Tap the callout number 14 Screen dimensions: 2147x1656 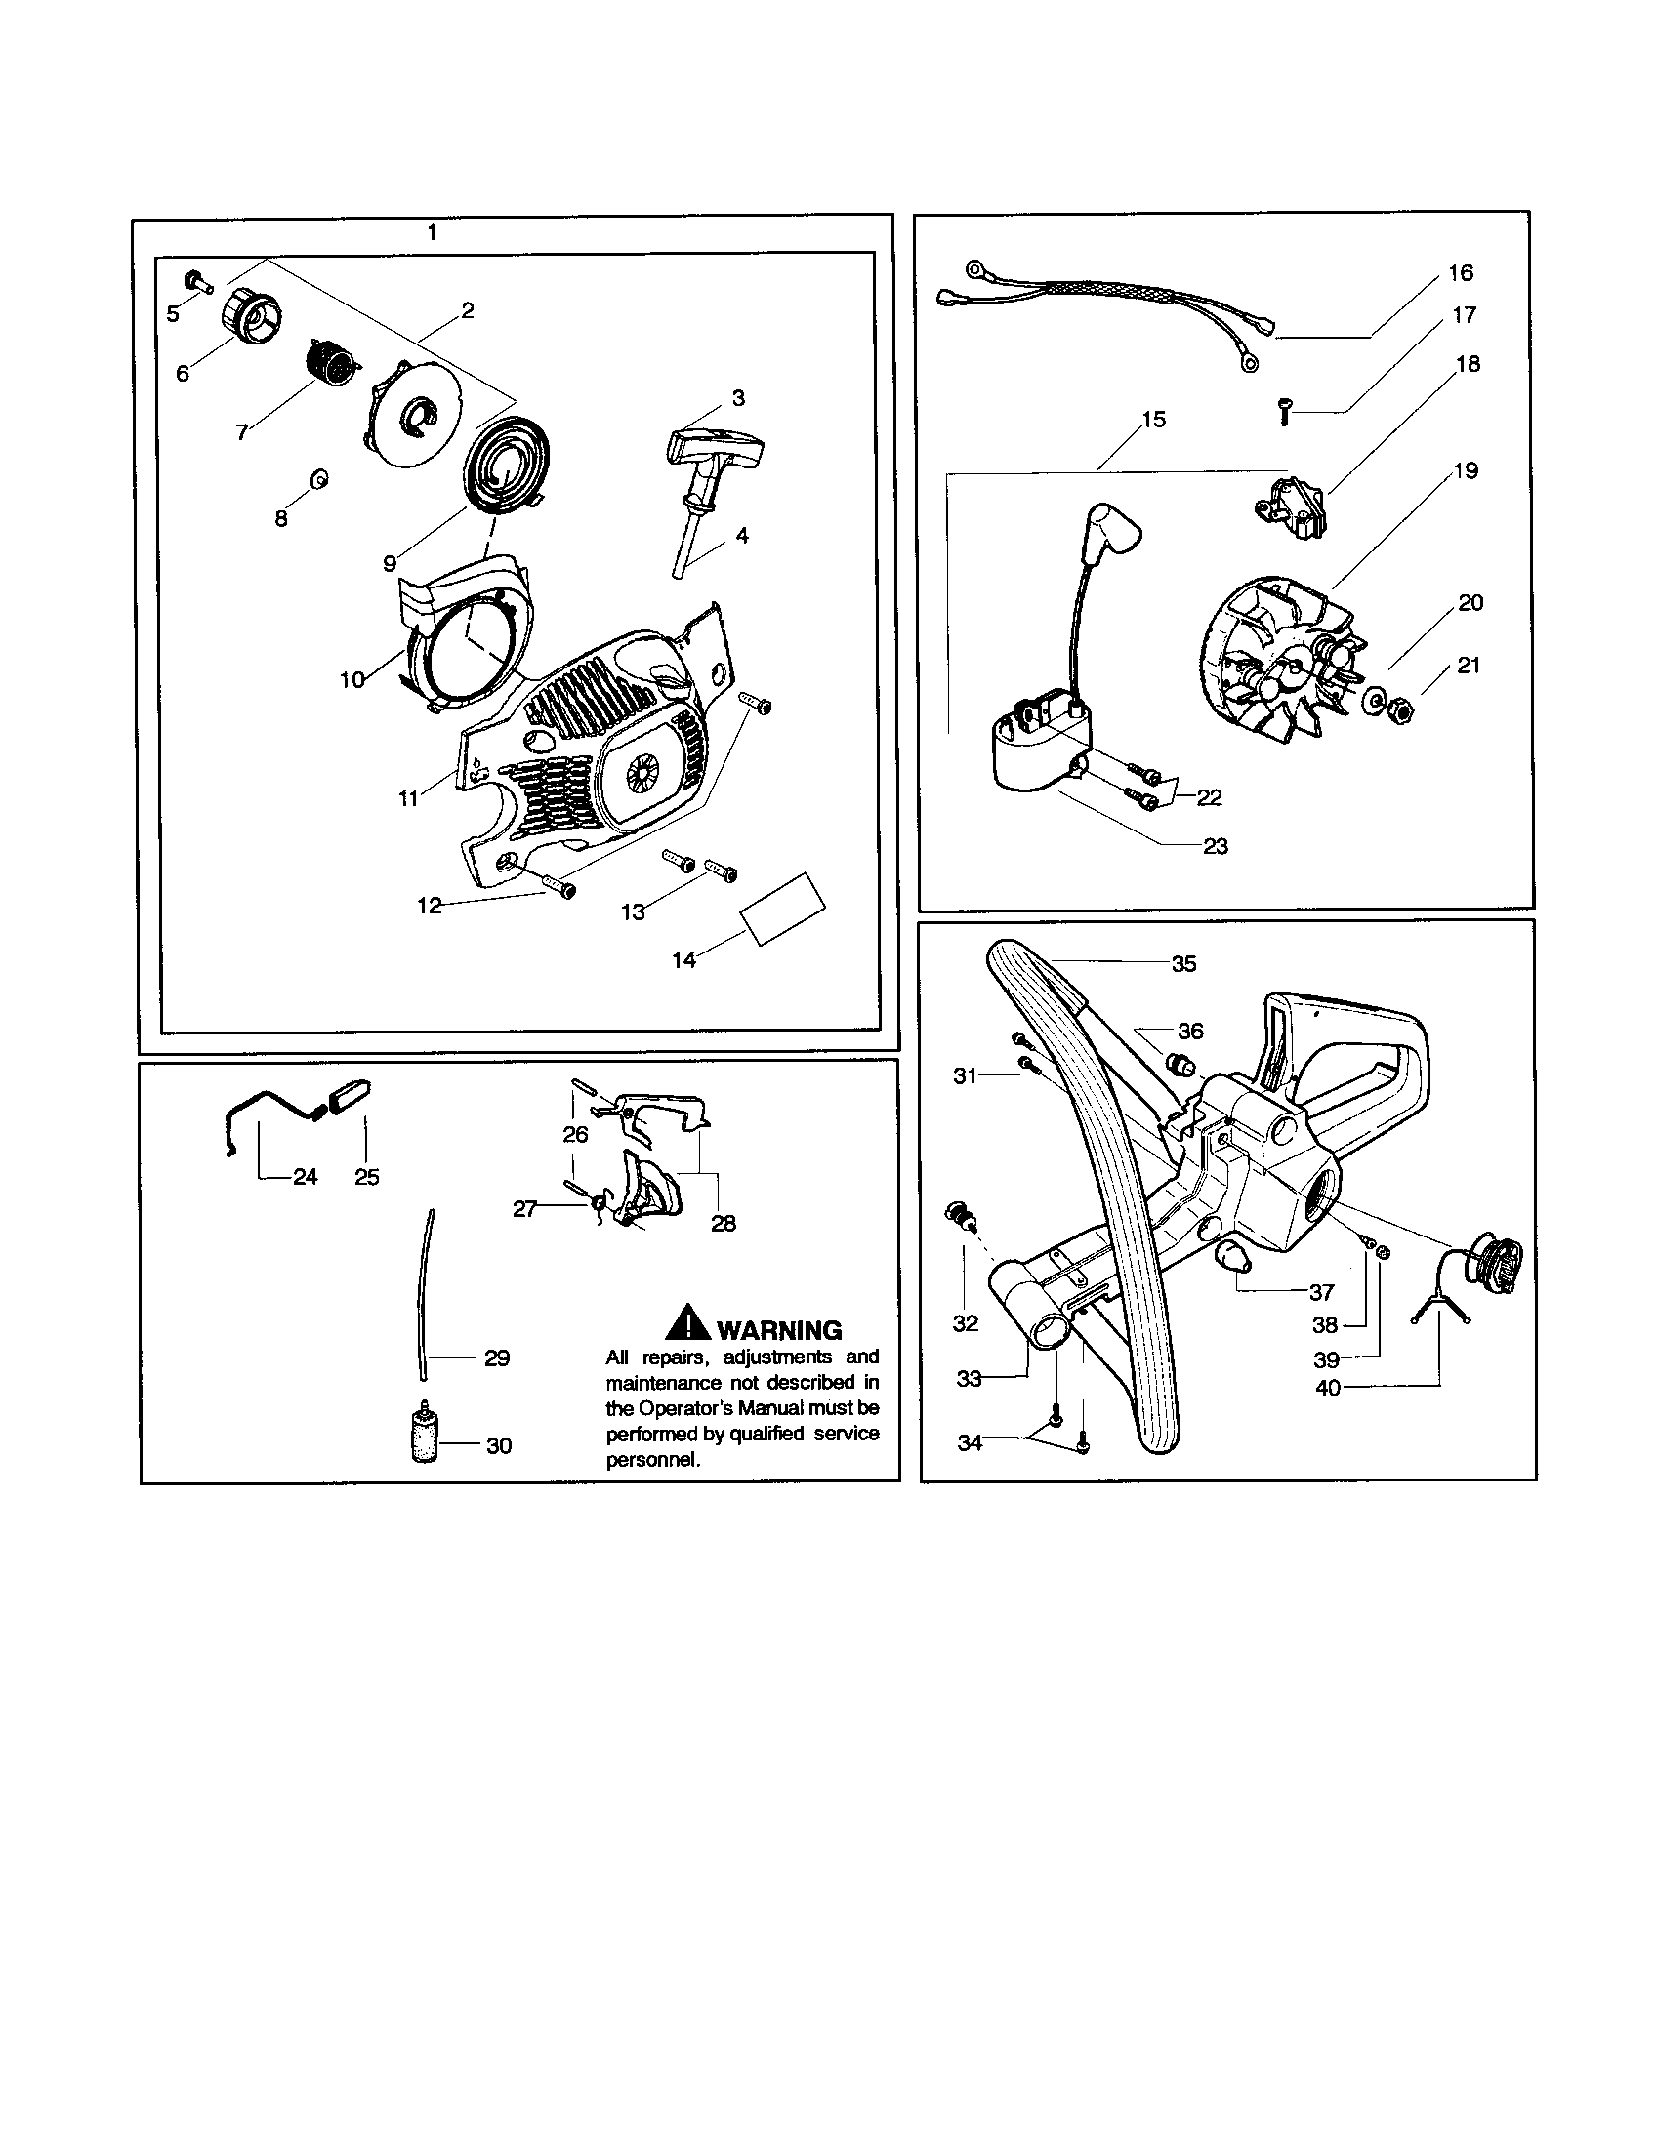[683, 959]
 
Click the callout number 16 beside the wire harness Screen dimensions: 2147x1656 [1462, 272]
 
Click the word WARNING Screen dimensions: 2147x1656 [780, 1330]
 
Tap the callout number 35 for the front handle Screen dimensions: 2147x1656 [1183, 964]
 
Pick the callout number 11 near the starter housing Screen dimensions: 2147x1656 [408, 798]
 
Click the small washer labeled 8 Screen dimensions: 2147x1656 [318, 480]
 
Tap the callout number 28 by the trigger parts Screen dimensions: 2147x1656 [723, 1223]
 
